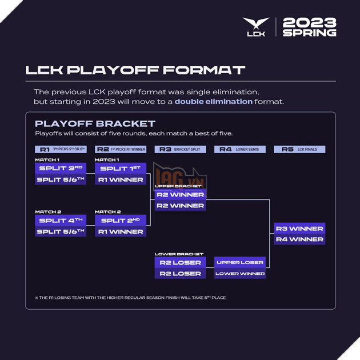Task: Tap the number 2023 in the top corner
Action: coord(309,23)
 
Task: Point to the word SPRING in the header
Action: coord(309,33)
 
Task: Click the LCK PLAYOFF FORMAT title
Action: coord(135,70)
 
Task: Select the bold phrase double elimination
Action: coord(213,101)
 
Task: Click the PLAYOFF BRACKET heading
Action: coord(95,123)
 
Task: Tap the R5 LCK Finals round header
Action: coord(299,149)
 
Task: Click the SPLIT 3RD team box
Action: coord(60,169)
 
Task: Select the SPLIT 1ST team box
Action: coord(120,169)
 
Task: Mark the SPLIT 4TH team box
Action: coord(60,221)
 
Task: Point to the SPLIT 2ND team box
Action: coord(120,221)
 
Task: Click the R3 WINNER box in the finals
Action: coord(299,229)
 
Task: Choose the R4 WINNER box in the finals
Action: coord(299,239)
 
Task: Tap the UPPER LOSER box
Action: coord(240,262)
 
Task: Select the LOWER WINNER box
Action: coord(240,274)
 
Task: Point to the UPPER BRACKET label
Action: coord(178,186)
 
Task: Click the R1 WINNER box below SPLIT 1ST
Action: coord(120,179)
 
